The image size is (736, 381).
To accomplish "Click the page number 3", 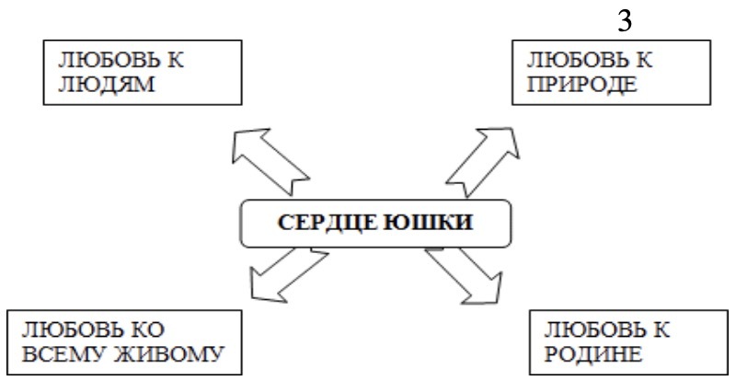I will (x=624, y=19).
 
